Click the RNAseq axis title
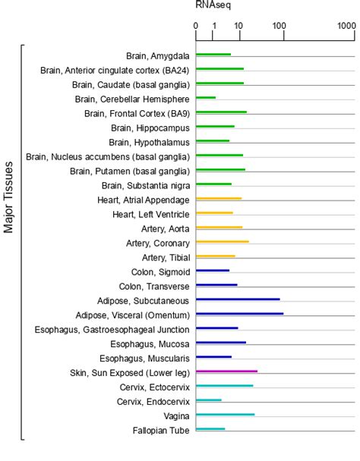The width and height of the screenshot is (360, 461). pos(213,5)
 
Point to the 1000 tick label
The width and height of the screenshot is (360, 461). pos(346,26)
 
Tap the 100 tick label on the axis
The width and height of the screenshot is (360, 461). pos(283,26)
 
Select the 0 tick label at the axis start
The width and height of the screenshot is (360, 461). pos(196,26)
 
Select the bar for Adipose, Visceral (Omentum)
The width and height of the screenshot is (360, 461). pos(239,314)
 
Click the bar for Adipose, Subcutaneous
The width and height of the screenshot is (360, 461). pos(238,299)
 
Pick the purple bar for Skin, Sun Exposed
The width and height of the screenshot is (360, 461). pos(226,371)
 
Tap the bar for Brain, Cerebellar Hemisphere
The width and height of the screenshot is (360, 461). pos(206,98)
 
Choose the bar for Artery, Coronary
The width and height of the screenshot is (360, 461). pos(222,242)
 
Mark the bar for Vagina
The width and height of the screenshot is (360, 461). pos(225,415)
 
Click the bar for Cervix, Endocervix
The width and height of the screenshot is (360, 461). pos(209,400)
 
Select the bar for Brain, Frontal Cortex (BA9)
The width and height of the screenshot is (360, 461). pos(221,112)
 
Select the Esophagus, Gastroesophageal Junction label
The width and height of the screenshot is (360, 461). pos(112,329)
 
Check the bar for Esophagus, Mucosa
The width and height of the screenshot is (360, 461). pos(220,343)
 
